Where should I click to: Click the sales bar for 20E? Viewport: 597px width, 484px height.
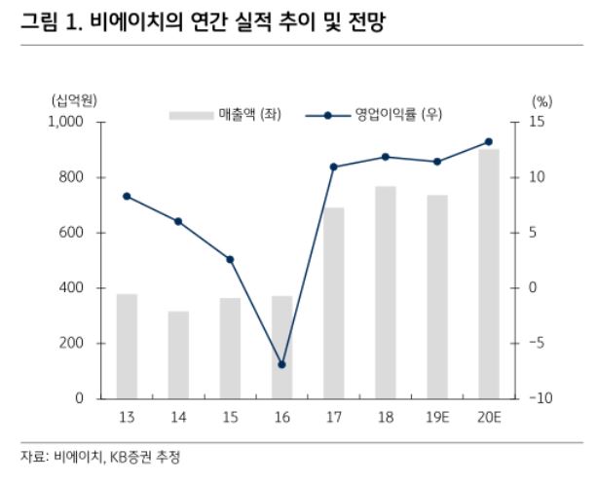tap(488, 274)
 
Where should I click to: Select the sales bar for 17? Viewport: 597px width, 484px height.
tap(333, 303)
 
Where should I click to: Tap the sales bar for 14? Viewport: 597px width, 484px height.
tap(178, 354)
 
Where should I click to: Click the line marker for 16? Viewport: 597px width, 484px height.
tap(282, 365)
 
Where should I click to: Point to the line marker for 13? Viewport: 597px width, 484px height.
tap(127, 196)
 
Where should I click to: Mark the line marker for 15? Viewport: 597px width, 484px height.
tap(230, 259)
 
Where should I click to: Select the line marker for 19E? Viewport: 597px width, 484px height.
tap(436, 162)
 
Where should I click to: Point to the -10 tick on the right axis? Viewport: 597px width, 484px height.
tap(541, 399)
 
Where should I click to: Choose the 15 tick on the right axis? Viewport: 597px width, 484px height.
tap(538, 122)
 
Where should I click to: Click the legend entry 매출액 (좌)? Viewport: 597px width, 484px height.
tap(247, 115)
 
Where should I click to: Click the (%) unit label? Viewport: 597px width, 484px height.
tap(541, 100)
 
